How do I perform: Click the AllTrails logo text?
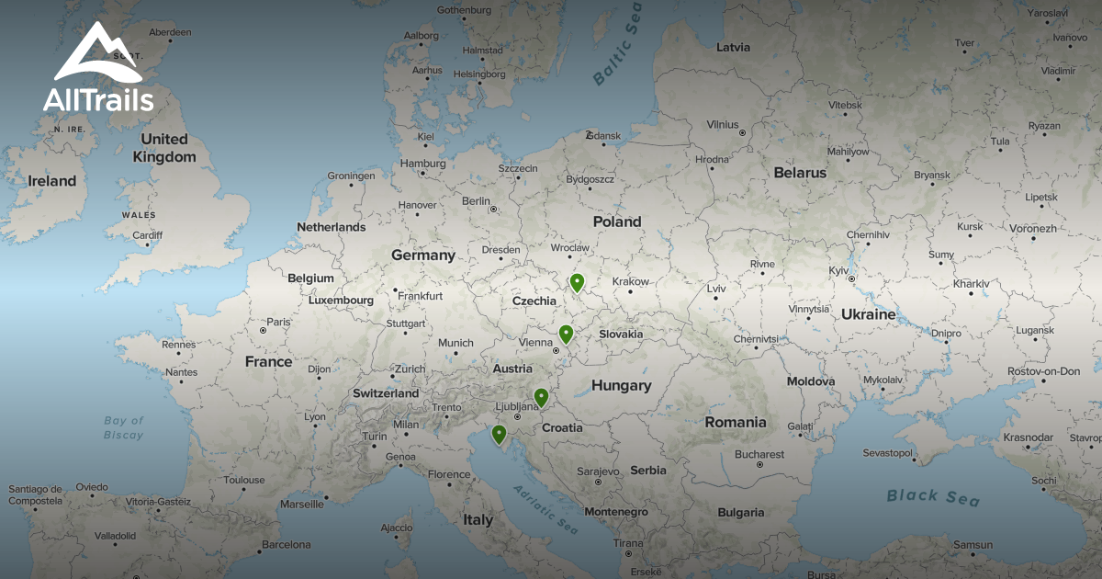[98, 100]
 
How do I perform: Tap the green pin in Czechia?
[577, 283]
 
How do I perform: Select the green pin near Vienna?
[566, 335]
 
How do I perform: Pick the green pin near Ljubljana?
[541, 398]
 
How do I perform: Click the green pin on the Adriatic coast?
[499, 435]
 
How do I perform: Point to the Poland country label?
[617, 221]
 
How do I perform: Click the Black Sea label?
[933, 497]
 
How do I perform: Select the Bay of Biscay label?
[123, 427]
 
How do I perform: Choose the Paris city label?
[278, 322]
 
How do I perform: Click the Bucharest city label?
[759, 454]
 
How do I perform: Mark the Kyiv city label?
[839, 270]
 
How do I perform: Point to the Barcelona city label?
[287, 544]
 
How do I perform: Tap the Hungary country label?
[621, 386]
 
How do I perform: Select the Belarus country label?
[799, 173]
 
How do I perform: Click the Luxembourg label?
[341, 301]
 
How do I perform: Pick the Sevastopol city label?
[888, 453]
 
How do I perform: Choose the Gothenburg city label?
[465, 10]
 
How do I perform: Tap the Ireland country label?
[51, 181]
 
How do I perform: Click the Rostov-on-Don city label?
[1043, 371]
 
